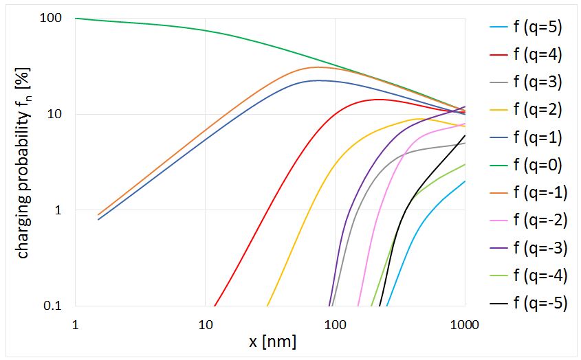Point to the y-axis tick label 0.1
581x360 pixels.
(x=52, y=306)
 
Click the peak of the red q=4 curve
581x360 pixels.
(x=377, y=99)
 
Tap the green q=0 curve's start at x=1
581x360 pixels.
(x=76, y=19)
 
